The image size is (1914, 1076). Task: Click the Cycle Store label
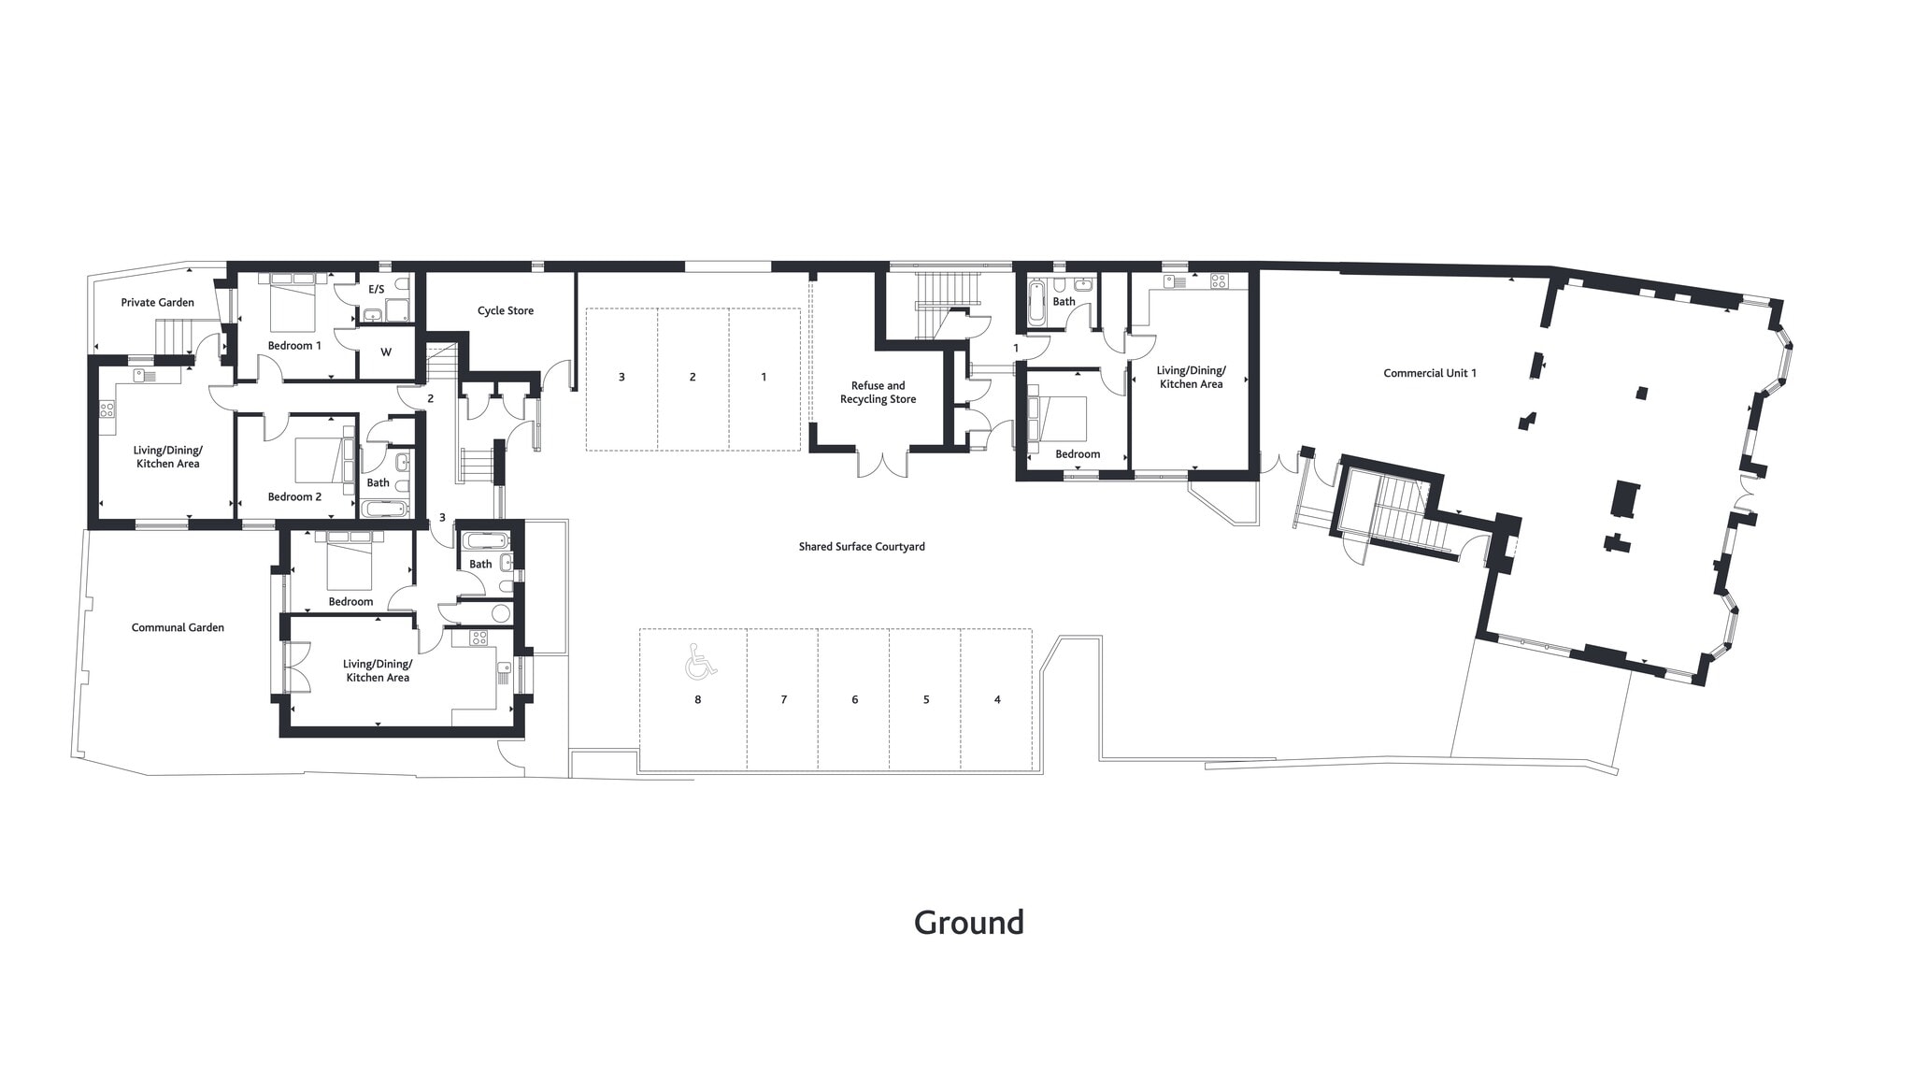(x=505, y=310)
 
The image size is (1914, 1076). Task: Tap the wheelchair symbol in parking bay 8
(x=700, y=661)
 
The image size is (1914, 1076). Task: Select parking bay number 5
(x=926, y=699)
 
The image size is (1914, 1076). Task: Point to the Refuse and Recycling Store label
(x=878, y=393)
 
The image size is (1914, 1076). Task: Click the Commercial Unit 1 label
(x=1430, y=373)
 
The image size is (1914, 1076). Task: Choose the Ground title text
(x=968, y=923)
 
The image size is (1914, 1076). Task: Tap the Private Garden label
(x=157, y=302)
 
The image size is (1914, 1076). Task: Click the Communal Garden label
(x=178, y=627)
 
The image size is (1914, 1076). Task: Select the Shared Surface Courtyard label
(x=861, y=546)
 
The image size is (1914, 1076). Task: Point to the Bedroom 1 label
(x=294, y=345)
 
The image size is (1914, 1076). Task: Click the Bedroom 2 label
(x=294, y=496)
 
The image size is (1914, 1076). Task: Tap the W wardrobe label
(x=385, y=352)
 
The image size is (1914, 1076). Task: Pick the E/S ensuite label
(x=377, y=289)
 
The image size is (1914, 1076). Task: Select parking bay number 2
(x=693, y=377)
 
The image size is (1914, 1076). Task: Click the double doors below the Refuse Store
(x=883, y=464)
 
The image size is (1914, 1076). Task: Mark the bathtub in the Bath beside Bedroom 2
(x=385, y=509)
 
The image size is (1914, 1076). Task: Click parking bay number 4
(x=997, y=699)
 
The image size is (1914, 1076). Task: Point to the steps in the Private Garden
(x=173, y=336)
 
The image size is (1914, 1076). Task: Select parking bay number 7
(x=783, y=699)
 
